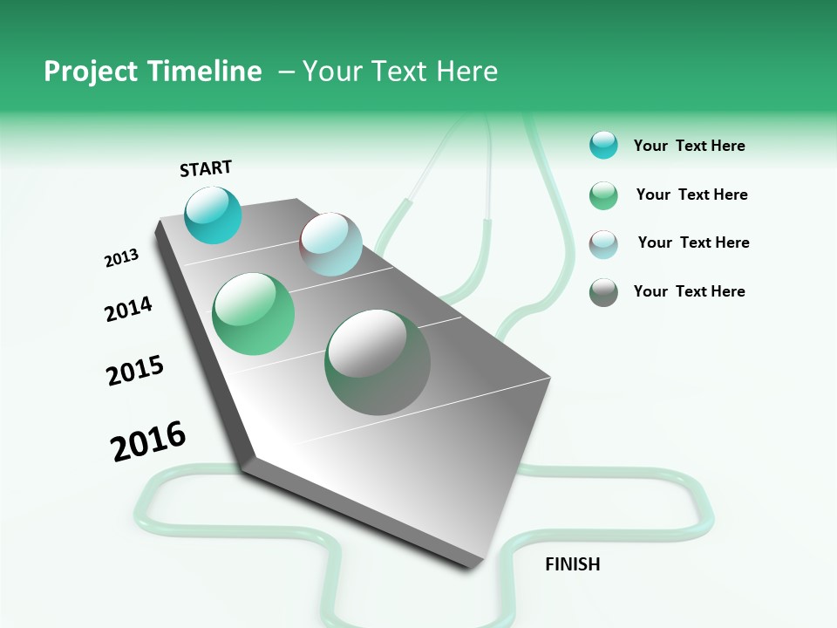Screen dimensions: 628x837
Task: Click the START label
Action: (206, 168)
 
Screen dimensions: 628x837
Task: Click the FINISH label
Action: (572, 564)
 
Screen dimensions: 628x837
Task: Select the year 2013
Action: (121, 258)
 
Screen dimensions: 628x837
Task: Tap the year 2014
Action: (128, 309)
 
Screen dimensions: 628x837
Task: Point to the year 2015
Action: (135, 371)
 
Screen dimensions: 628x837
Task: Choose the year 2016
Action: (148, 441)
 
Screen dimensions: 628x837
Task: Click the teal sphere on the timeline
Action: (213, 215)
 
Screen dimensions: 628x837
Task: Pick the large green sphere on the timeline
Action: (254, 314)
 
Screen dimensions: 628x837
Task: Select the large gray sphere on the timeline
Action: (378, 362)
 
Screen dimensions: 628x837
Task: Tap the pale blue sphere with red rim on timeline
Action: (331, 244)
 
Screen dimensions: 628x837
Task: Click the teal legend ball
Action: (603, 146)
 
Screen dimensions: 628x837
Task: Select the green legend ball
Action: (603, 195)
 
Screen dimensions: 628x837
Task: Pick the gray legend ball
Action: (603, 292)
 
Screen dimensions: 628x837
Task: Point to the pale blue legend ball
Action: (603, 244)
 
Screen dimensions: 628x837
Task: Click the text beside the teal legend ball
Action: (689, 146)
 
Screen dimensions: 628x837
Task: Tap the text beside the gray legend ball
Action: (689, 291)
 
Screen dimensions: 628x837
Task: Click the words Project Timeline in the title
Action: (153, 72)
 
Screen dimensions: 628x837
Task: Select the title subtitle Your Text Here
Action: (400, 72)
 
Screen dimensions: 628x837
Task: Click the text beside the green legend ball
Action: (691, 195)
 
